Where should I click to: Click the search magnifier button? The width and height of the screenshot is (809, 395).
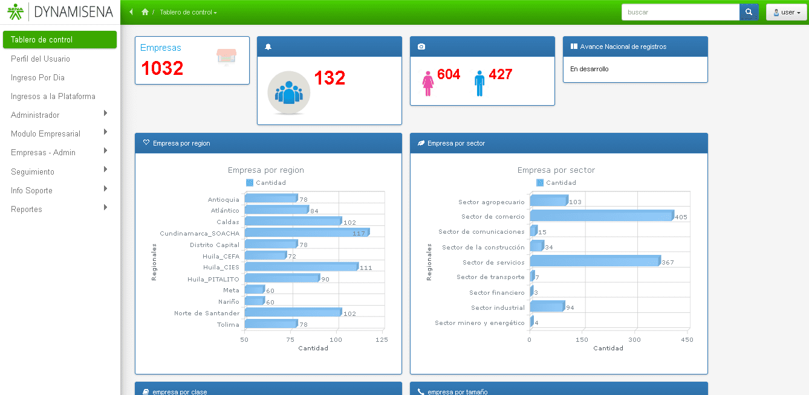pos(749,12)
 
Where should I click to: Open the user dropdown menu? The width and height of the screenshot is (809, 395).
pos(787,12)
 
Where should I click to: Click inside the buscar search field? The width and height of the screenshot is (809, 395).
pos(680,12)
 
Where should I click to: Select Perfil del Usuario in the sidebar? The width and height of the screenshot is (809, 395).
pos(41,59)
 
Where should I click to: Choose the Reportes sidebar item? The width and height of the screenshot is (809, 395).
pos(27,209)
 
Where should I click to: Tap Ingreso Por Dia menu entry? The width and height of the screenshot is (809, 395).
pos(37,77)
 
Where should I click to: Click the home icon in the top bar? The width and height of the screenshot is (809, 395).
pos(145,12)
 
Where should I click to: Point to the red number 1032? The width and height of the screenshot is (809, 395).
pos(162,68)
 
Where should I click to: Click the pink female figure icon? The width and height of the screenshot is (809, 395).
pos(428,83)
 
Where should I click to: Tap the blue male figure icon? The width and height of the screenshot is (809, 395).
pos(479,83)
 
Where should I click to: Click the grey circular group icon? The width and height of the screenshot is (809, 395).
pos(289,92)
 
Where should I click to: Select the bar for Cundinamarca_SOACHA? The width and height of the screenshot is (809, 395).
pos(306,233)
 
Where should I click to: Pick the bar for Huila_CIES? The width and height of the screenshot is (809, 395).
pos(301,267)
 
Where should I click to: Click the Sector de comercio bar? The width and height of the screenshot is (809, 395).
pos(602,216)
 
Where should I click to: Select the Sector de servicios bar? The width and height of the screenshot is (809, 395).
pos(594,262)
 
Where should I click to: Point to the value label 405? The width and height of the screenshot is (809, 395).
pos(681,217)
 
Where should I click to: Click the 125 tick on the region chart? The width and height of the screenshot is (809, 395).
pos(382,340)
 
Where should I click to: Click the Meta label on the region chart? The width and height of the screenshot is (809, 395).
pos(231,291)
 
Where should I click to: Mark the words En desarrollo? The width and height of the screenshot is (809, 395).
pos(590,69)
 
